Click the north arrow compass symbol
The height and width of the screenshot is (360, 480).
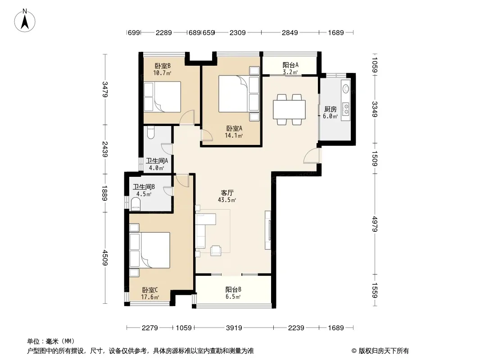[25, 21]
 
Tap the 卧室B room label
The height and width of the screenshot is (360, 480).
[162, 66]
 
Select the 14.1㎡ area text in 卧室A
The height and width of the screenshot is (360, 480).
[234, 135]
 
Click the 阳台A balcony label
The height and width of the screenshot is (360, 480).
[290, 65]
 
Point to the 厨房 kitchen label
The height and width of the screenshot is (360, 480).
[331, 109]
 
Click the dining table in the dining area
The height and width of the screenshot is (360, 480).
[289, 109]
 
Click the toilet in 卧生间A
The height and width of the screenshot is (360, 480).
[150, 132]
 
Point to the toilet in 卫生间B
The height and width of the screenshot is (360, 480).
[136, 204]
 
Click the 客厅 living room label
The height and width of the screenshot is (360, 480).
[227, 193]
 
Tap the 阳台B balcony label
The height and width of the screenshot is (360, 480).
[233, 289]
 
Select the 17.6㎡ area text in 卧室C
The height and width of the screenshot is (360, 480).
[150, 297]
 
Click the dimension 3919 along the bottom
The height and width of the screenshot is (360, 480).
[234, 328]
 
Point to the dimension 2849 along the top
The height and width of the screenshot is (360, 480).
[290, 32]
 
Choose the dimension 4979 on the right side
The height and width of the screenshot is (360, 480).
[375, 224]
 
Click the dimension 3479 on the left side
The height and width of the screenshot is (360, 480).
[105, 89]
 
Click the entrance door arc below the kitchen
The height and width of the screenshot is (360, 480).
[311, 156]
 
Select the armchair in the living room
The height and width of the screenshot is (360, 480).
[216, 250]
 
